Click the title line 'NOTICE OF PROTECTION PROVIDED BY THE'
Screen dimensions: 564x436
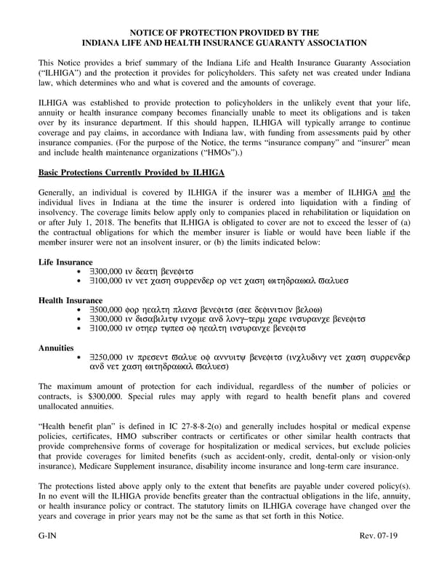[x=218, y=33]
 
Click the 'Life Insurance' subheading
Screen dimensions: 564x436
[x=65, y=262]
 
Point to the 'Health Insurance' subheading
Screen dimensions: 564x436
[x=70, y=300]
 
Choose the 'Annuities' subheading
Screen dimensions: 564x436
[x=58, y=348]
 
